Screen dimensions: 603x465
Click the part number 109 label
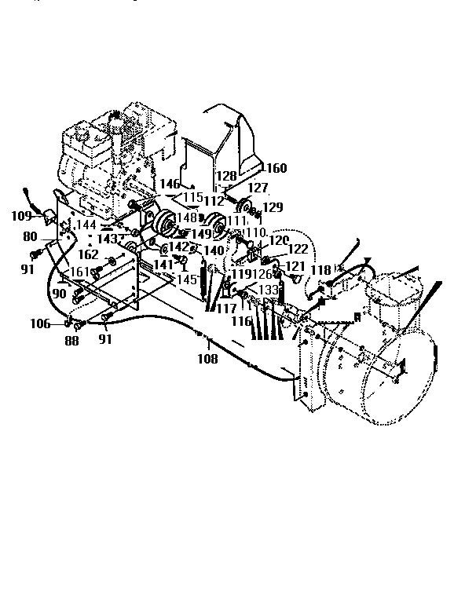pyautogui.click(x=21, y=215)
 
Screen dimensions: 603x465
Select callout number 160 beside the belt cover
pyautogui.click(x=276, y=167)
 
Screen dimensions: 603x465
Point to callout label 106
pyautogui.click(x=40, y=323)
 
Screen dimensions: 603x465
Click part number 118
pyautogui.click(x=320, y=270)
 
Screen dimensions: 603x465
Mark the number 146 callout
pyautogui.click(x=170, y=184)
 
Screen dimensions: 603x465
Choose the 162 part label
pyautogui.click(x=88, y=254)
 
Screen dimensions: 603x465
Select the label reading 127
pyautogui.click(x=259, y=188)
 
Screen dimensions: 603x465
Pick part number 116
pyautogui.click(x=241, y=322)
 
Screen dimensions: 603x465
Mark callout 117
pyautogui.click(x=226, y=309)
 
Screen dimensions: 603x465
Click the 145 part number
pyautogui.click(x=187, y=279)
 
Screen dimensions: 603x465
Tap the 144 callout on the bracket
pyautogui.click(x=85, y=224)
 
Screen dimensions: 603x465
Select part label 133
pyautogui.click(x=269, y=290)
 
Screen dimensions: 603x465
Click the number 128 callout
pyautogui.click(x=226, y=176)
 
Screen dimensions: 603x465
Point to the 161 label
pyautogui.click(x=80, y=272)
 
